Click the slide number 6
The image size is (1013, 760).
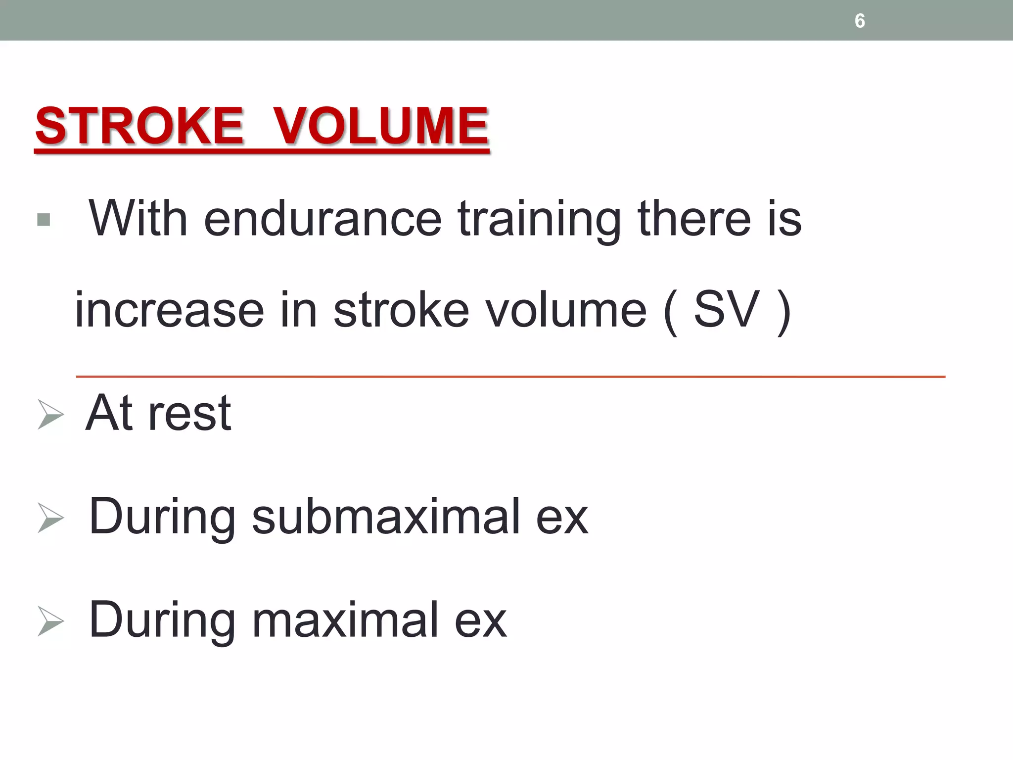(x=860, y=21)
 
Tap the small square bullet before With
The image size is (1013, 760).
(x=44, y=220)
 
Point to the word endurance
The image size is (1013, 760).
(x=322, y=219)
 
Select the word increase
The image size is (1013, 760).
(x=169, y=311)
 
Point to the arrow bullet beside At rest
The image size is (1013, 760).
(x=50, y=415)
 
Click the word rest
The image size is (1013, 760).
(x=189, y=414)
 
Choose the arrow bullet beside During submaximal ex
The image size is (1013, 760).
(x=50, y=518)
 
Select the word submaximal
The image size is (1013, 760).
(x=386, y=517)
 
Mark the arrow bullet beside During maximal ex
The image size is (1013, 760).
(x=50, y=621)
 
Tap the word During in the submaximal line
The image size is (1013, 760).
(x=162, y=518)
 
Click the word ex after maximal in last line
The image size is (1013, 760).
(x=480, y=620)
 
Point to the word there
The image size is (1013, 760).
(x=694, y=219)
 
